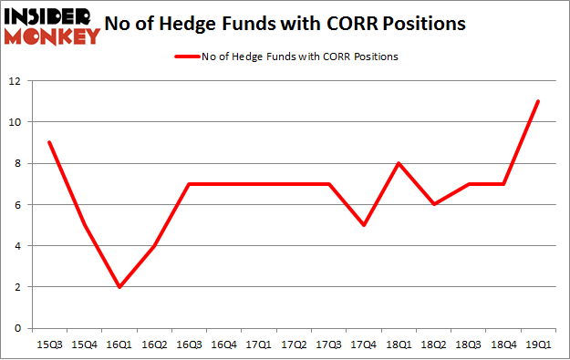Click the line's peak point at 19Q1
pos(538,101)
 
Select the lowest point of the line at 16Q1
pos(119,287)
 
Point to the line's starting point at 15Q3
pos(48,142)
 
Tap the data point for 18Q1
pos(399,163)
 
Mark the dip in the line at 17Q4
pos(363,225)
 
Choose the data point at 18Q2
pos(433,204)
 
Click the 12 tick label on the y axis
pos(15,81)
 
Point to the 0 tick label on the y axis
pos(17,328)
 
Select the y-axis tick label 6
pos(17,205)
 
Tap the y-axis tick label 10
pos(15,122)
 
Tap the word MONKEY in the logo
pos(53,37)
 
